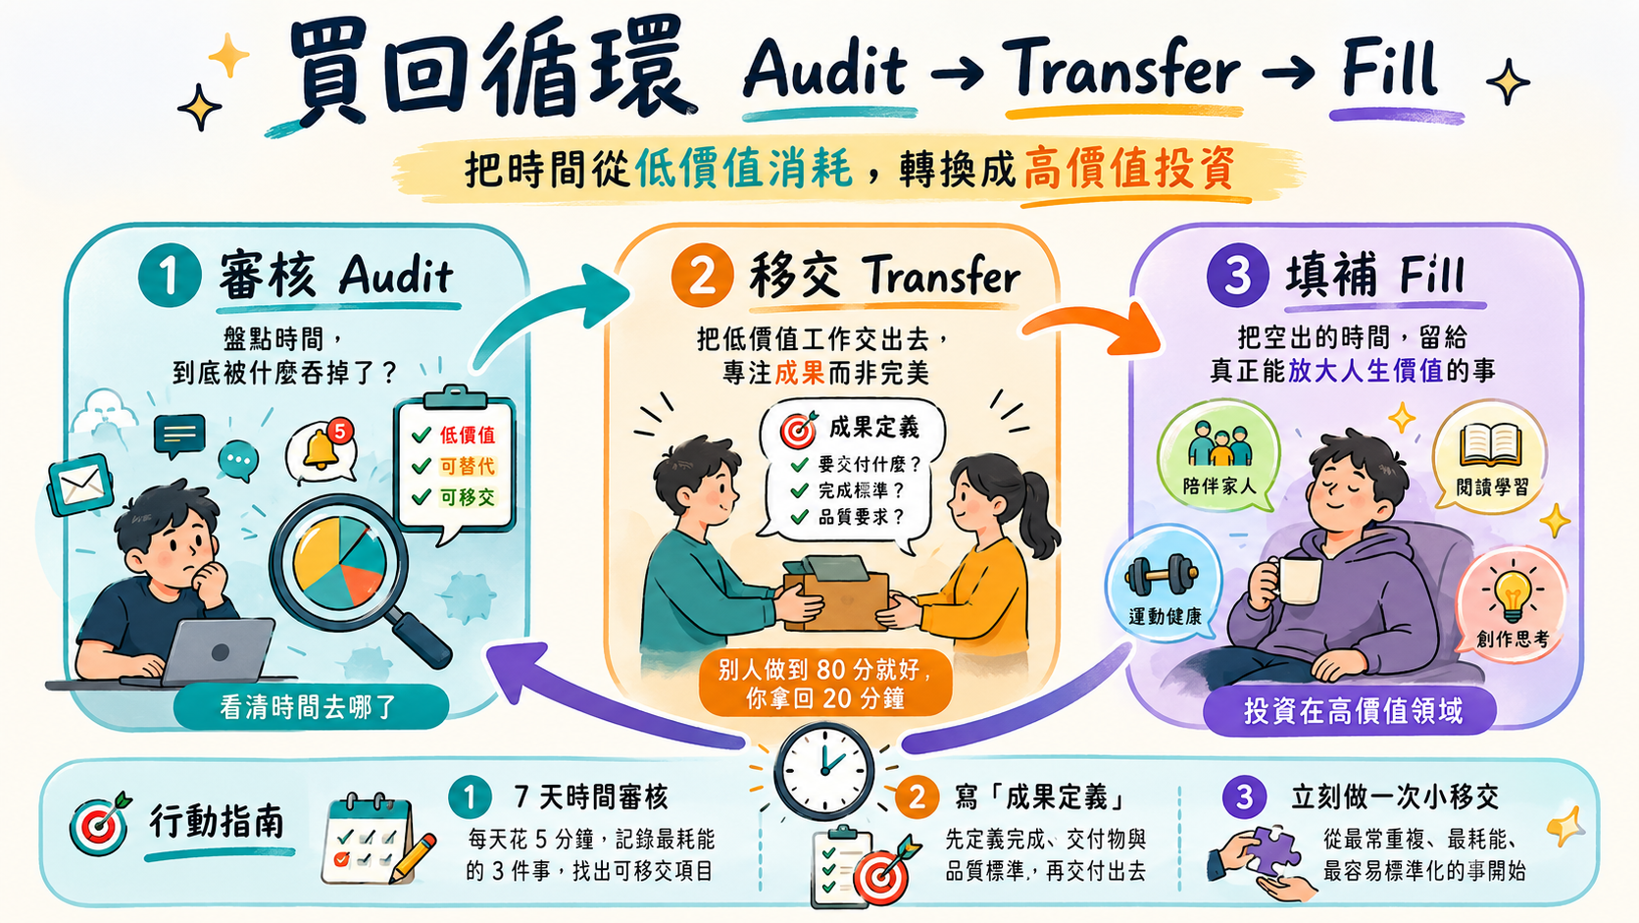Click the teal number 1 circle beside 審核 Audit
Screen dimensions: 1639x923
[x=170, y=276]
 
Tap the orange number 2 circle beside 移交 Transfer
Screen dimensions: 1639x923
[x=702, y=276]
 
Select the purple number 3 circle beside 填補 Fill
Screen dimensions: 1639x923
[x=1237, y=276]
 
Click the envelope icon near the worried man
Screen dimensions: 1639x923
[x=80, y=484]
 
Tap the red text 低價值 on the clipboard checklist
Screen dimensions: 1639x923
[x=467, y=435]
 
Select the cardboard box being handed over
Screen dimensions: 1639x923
[x=835, y=593]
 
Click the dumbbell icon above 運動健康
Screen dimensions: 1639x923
[x=1162, y=575]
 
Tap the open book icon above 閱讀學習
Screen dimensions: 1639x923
[x=1490, y=445]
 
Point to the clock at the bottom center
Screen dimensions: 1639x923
[x=823, y=770]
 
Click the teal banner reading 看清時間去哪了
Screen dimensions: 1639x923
[x=310, y=707]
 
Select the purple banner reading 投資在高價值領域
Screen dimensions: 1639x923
[x=1351, y=711]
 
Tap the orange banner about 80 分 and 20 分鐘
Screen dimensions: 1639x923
[x=824, y=684]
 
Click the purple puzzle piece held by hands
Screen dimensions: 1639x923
[x=1272, y=849]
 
